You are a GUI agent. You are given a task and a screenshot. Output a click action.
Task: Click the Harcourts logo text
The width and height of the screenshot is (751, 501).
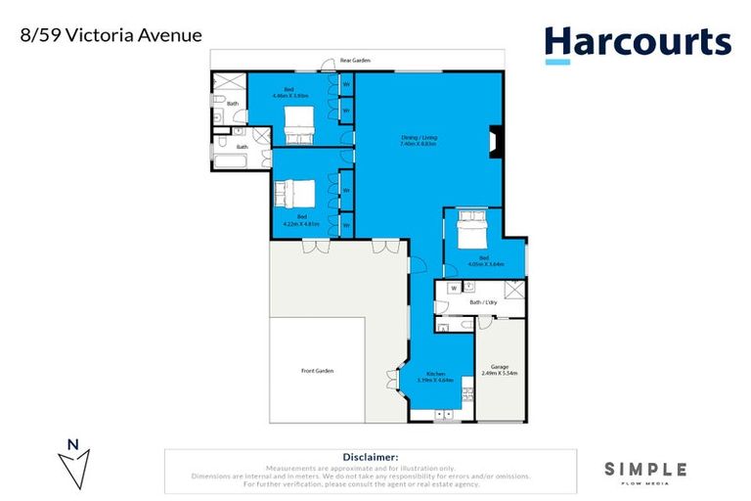point(637,42)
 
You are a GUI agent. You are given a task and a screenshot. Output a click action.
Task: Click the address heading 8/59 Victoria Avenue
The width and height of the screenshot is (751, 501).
point(110,35)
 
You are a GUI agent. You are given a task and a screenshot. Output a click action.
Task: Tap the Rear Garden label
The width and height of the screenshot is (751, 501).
point(351,61)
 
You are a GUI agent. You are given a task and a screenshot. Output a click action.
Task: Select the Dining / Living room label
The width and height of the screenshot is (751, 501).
point(419,140)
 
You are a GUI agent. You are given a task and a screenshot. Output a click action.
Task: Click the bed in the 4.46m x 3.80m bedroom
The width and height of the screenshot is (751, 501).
point(297,123)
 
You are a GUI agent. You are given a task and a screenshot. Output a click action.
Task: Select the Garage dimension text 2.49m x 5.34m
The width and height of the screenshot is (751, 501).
point(500,373)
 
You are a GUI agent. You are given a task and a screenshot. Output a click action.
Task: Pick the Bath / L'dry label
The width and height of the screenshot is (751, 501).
point(482,302)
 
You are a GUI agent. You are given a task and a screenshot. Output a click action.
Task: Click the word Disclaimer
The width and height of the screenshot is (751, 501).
point(371,457)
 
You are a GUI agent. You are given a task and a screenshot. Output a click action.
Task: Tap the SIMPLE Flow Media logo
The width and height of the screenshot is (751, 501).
point(644,472)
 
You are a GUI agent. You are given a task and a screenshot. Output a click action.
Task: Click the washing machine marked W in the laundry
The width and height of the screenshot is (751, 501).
point(454,289)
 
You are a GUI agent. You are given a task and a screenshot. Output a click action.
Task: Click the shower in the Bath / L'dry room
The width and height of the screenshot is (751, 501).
point(513,290)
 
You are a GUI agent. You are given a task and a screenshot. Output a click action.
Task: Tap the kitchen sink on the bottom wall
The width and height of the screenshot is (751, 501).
point(444,414)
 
